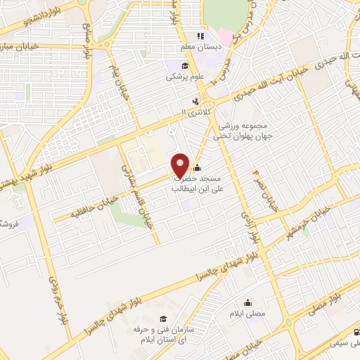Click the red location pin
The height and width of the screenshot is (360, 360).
coord(181,165)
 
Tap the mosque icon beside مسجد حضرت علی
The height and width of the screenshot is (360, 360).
coord(196,168)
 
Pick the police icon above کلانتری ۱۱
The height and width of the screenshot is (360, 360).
coord(185,101)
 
